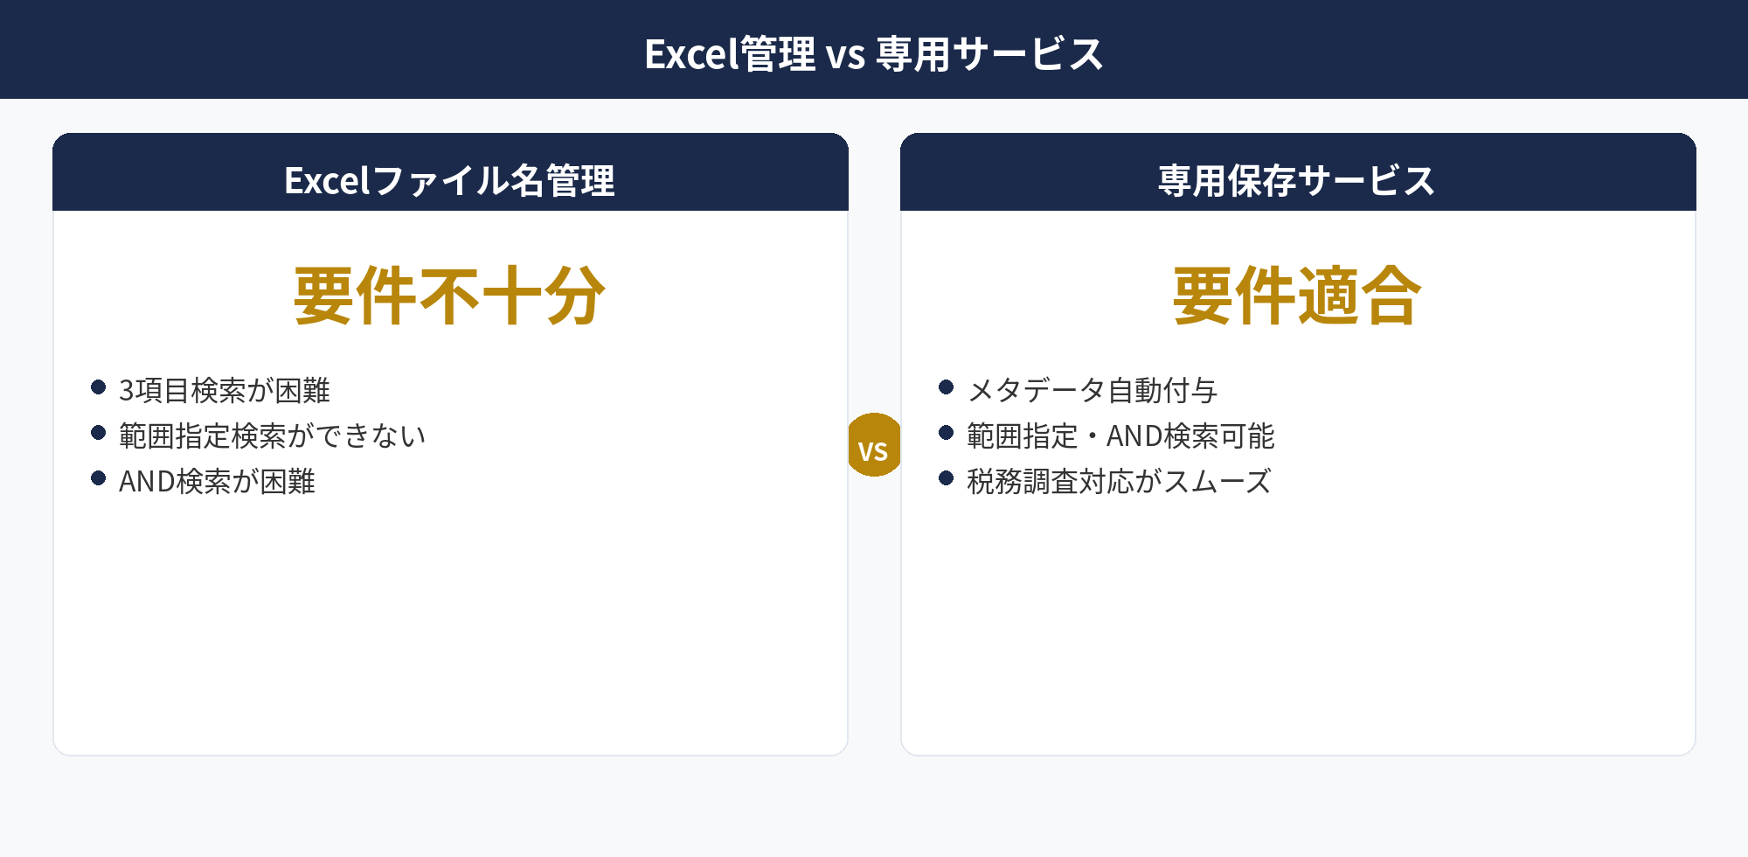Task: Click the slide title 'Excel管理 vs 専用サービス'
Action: click(874, 54)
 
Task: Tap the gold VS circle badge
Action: click(873, 445)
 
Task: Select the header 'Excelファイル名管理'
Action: click(449, 181)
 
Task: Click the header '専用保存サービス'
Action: click(1297, 181)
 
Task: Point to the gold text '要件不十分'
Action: click(449, 296)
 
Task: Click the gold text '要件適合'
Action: click(1297, 296)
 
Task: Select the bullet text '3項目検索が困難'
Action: click(225, 390)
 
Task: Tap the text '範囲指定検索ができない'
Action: click(272, 435)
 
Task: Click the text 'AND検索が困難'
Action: click(217, 481)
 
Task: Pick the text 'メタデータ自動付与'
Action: click(1092, 390)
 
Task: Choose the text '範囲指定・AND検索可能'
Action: click(1120, 435)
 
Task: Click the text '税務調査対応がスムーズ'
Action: click(1119, 481)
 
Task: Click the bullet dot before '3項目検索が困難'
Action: click(99, 387)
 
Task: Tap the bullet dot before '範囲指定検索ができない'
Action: click(99, 433)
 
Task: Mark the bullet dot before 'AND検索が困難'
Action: click(99, 478)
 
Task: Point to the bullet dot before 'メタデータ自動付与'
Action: click(946, 387)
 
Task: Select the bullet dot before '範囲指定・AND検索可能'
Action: click(946, 433)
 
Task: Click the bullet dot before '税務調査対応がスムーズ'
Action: click(946, 478)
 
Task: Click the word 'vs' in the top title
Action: click(845, 56)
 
